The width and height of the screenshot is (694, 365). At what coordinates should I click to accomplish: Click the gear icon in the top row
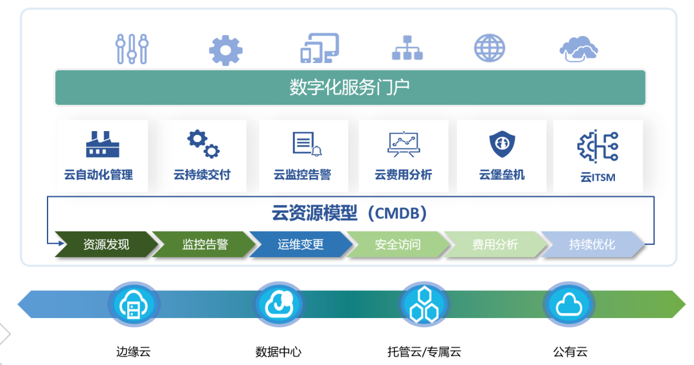pos(226,50)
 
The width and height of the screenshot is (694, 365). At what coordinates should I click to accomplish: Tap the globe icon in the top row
pos(490,49)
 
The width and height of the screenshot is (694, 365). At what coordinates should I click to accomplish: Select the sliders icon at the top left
pos(132,49)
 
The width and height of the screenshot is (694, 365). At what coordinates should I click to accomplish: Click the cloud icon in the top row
pos(578,49)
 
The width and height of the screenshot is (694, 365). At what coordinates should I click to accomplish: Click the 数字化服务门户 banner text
pos(350,87)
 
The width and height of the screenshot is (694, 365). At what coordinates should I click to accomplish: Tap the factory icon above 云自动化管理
pos(102,144)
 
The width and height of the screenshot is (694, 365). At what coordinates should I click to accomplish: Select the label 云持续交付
pos(202,174)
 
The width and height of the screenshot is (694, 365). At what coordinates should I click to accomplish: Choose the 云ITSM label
pos(598,177)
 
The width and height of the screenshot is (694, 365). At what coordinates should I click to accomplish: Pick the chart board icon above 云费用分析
pos(404,144)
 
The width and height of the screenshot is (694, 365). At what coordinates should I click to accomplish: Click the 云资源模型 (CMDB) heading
pos(350,213)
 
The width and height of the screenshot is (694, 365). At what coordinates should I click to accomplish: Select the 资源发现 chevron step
pos(106,244)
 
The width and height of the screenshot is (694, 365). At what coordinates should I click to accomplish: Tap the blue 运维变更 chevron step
pos(301,244)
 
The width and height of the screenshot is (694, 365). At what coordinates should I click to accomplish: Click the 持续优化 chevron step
pos(592,244)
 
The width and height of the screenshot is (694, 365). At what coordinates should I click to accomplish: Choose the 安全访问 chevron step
pos(398,244)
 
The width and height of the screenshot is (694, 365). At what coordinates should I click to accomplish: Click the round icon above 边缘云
pos(134,305)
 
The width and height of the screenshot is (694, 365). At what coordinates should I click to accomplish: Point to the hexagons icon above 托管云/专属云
pos(425,305)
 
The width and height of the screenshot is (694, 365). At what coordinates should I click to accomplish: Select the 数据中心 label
pos(278,352)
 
